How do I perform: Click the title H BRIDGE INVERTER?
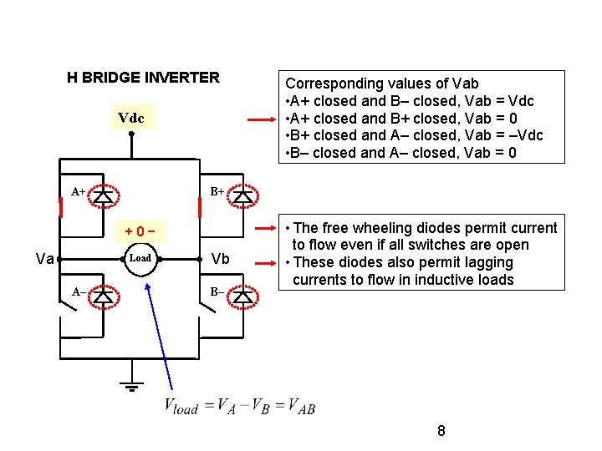[x=143, y=78]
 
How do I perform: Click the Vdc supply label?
[x=130, y=119]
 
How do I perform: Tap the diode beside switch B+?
[x=243, y=195]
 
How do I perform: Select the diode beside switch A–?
[x=103, y=296]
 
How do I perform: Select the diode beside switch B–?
[x=243, y=296]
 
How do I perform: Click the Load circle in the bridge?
[x=140, y=259]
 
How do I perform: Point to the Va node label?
[x=45, y=259]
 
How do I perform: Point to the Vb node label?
[x=221, y=258]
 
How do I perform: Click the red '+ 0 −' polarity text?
[x=140, y=231]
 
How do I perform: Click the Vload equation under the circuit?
[x=239, y=407]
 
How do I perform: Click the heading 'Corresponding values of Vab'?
[x=382, y=84]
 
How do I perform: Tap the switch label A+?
[x=78, y=191]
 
